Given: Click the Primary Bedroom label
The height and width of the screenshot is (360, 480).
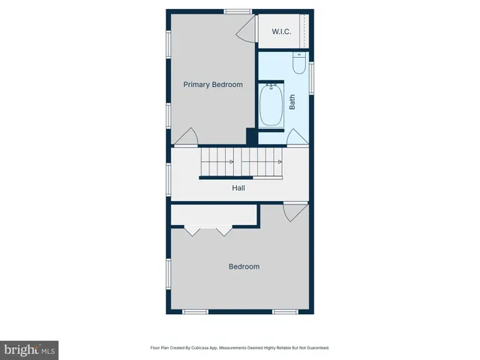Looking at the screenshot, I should [x=213, y=85].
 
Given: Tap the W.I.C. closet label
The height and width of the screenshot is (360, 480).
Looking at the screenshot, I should [x=281, y=31].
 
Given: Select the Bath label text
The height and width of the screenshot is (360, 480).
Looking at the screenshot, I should [x=292, y=101].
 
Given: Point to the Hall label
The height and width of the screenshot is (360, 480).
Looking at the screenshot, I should [x=238, y=187].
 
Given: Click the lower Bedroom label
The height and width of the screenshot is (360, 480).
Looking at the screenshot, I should [x=244, y=266].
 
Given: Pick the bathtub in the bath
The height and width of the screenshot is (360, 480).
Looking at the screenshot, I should [x=271, y=106].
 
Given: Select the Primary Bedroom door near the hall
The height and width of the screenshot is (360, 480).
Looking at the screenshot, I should [x=187, y=136].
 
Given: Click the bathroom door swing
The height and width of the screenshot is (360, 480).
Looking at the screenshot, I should [x=295, y=137].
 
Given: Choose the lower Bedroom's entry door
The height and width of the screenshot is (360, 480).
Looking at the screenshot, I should [x=295, y=211].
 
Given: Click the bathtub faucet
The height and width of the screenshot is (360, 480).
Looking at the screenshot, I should [x=271, y=87].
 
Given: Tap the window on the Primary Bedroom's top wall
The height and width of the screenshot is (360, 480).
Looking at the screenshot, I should [x=238, y=10].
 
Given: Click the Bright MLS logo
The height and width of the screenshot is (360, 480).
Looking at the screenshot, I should [x=29, y=349].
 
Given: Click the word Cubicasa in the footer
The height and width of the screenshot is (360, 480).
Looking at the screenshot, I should [x=199, y=348].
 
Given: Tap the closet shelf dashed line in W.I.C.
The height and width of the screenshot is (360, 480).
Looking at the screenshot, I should [x=304, y=31].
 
